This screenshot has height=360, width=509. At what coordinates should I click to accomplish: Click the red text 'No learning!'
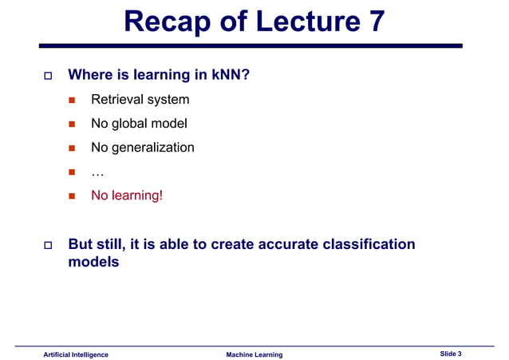127,194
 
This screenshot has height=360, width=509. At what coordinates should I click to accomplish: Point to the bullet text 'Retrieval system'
140,100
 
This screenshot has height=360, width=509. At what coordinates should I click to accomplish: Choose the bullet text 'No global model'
139,124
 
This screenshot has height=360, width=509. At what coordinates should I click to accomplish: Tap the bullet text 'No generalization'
142,148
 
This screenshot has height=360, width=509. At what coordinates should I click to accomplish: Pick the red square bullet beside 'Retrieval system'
71,101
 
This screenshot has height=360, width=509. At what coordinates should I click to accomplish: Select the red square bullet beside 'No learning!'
71,195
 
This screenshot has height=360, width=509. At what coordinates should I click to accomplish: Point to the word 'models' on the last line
93,262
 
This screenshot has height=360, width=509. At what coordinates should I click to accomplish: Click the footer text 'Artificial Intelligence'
76,354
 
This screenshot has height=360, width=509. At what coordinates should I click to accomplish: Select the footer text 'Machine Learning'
254,354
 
